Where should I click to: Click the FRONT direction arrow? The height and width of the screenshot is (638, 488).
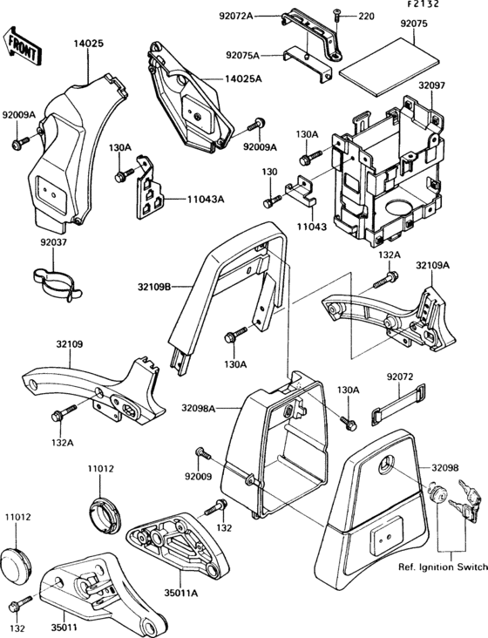point(23,45)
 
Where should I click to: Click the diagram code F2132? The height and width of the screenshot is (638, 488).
point(424,4)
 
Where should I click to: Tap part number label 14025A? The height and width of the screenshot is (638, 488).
point(243,78)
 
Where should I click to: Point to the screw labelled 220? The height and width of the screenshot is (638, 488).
point(337,17)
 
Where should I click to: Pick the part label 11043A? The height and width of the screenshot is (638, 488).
point(206,200)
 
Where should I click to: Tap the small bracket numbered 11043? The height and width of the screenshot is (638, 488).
point(301,190)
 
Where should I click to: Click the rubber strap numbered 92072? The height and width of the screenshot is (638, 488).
point(398,404)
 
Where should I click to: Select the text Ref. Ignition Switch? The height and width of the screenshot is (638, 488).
point(443,567)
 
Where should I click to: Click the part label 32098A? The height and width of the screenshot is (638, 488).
point(199,408)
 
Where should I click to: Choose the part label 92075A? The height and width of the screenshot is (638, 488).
point(242,55)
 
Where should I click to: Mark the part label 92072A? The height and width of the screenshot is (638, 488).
point(236,17)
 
